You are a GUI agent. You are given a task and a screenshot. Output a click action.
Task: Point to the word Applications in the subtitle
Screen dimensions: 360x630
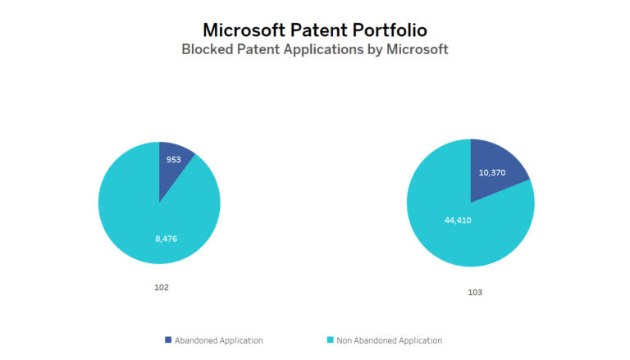tap(335, 49)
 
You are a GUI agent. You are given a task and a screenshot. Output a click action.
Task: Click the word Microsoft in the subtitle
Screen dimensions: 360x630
tap(417, 49)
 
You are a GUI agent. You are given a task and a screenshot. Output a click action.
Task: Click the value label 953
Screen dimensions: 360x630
tap(174, 160)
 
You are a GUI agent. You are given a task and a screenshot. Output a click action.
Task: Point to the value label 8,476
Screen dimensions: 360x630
tap(167, 239)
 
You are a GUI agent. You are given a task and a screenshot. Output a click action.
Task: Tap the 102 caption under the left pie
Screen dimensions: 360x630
tap(162, 288)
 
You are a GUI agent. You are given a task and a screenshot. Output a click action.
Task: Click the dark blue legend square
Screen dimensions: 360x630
tap(169, 339)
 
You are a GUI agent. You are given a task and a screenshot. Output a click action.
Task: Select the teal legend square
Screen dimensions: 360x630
tap(331, 339)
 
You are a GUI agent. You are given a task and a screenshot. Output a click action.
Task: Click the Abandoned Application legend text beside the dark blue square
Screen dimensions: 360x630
tap(220, 339)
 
